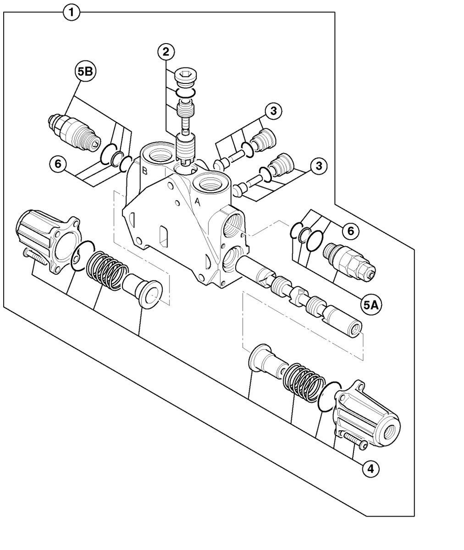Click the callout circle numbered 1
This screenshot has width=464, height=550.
click(71, 13)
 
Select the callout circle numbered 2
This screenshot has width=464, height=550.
click(166, 52)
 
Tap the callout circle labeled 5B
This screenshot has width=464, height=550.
click(85, 72)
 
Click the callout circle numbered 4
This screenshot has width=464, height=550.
click(370, 469)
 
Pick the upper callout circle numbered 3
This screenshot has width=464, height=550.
click(274, 111)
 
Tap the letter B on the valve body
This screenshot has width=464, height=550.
click(145, 170)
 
